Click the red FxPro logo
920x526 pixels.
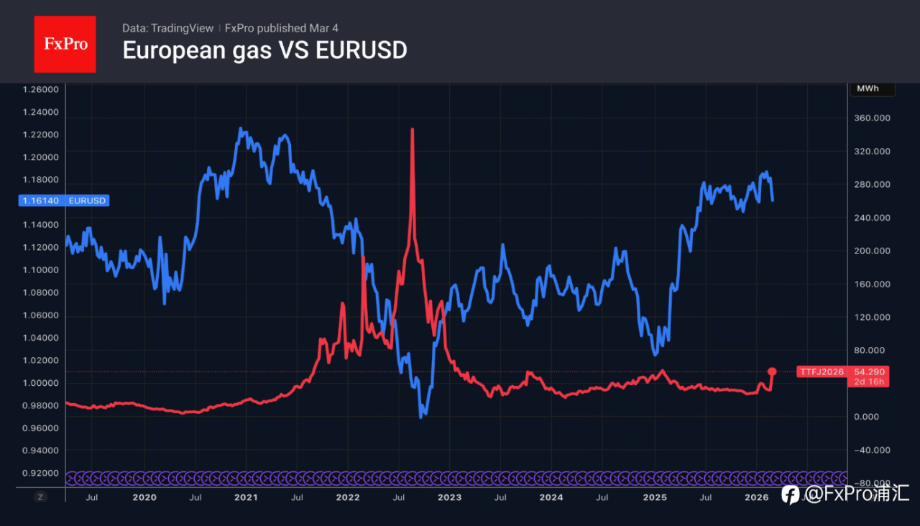pos(65,44)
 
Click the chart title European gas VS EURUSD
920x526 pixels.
pos(264,50)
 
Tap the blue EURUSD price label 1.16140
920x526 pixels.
pos(42,201)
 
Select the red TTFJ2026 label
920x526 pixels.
pos(822,372)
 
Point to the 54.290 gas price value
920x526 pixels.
pos(870,372)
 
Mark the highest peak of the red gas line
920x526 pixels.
pos(413,130)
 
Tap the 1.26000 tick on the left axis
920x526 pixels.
pos(40,90)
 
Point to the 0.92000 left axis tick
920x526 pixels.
pos(40,473)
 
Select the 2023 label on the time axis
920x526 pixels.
pos(449,497)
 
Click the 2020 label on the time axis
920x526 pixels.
pos(144,497)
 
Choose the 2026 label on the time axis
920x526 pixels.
pos(756,497)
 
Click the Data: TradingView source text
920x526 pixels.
pos(167,28)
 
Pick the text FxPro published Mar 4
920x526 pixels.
pos(282,28)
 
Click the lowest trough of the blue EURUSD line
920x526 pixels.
pos(421,416)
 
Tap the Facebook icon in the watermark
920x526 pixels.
pos(790,494)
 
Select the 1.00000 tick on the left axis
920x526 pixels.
pos(40,383)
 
